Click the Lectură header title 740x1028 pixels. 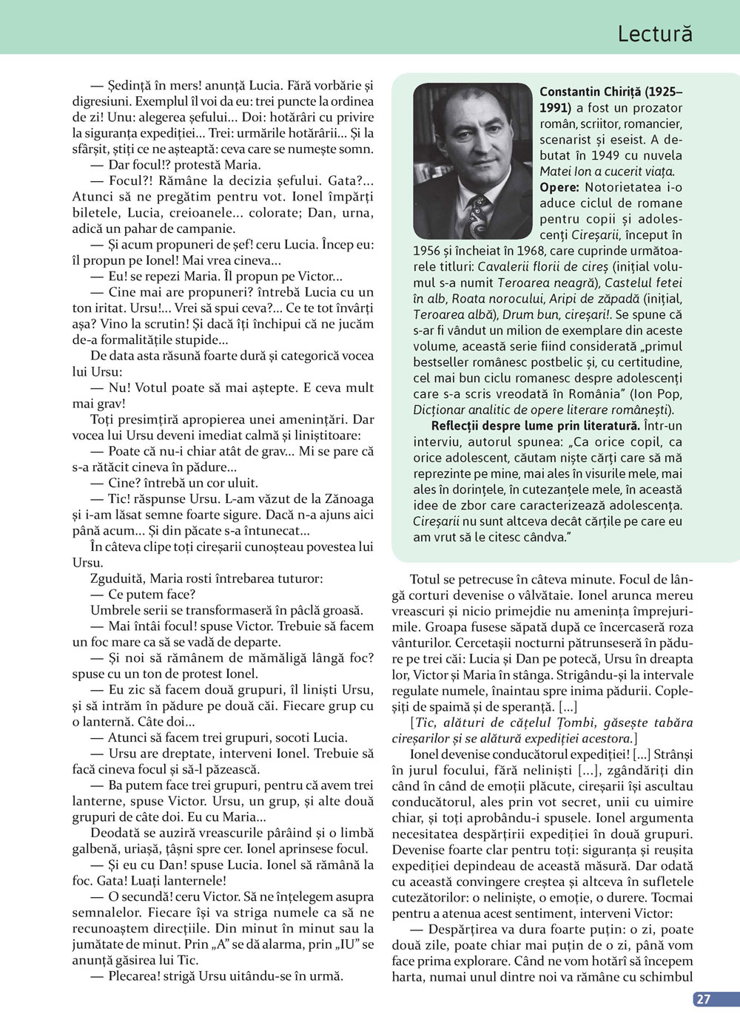(655, 33)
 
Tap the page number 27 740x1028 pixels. (703, 999)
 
